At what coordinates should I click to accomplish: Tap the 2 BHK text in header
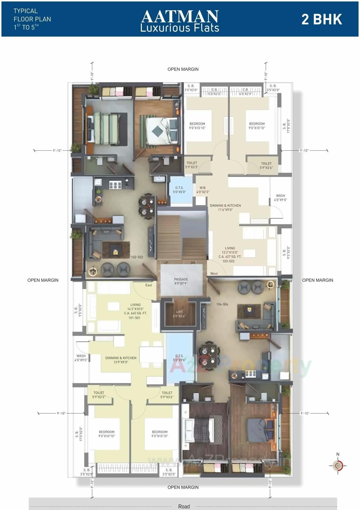coord(322,19)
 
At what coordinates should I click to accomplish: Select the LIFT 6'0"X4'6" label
coord(179,314)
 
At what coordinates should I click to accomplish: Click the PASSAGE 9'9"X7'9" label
coord(181,281)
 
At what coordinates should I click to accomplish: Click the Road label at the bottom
coord(184,506)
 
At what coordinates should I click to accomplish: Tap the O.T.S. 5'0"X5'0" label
coord(179,190)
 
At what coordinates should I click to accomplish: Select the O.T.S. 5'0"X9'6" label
coord(179,358)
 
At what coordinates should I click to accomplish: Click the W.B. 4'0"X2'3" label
coord(203,190)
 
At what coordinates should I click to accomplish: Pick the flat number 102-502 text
coord(137,257)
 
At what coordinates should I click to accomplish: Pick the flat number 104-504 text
coord(222,304)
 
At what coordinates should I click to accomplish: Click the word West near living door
coord(214,273)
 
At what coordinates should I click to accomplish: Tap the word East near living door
coord(149,285)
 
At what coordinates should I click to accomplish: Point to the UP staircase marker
coord(166,263)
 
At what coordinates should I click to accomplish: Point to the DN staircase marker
coord(193,263)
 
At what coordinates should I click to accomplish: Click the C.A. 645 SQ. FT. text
coord(135,313)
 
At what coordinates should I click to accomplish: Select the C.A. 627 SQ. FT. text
coord(230,257)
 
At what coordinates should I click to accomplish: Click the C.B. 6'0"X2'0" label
coord(245,92)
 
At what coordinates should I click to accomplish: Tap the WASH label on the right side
coord(280,198)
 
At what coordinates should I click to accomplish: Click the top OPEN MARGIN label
coord(183,69)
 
